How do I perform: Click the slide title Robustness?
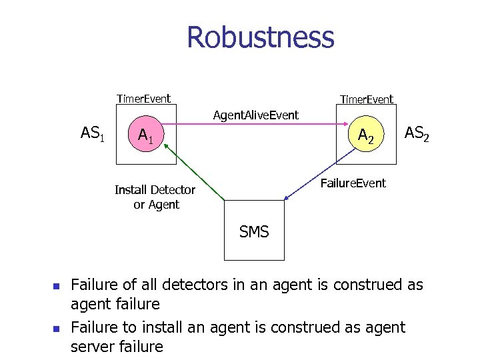260,37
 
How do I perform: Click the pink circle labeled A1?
145,136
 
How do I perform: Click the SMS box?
254,231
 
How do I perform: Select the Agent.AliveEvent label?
255,115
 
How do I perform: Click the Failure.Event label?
353,183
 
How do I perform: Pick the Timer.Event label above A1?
143,99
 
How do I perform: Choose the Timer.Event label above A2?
366,99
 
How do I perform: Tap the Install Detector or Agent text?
155,197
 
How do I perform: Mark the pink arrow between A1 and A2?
253,124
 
